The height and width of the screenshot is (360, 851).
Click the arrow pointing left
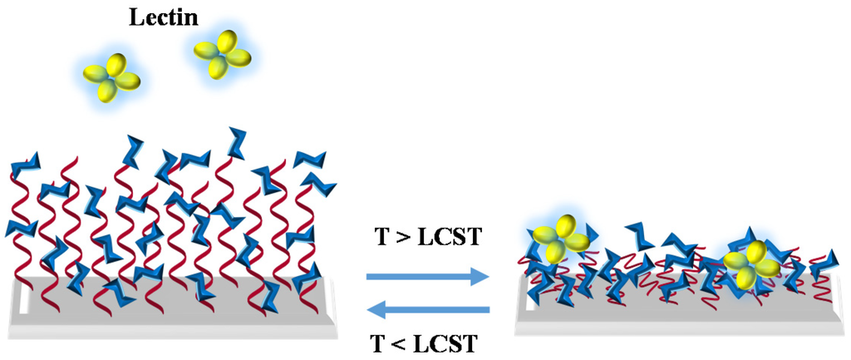click(427, 311)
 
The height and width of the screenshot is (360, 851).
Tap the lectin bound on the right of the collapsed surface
click(752, 263)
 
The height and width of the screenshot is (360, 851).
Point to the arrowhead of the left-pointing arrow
click(376, 311)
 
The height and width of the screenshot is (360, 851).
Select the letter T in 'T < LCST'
click(381, 342)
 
